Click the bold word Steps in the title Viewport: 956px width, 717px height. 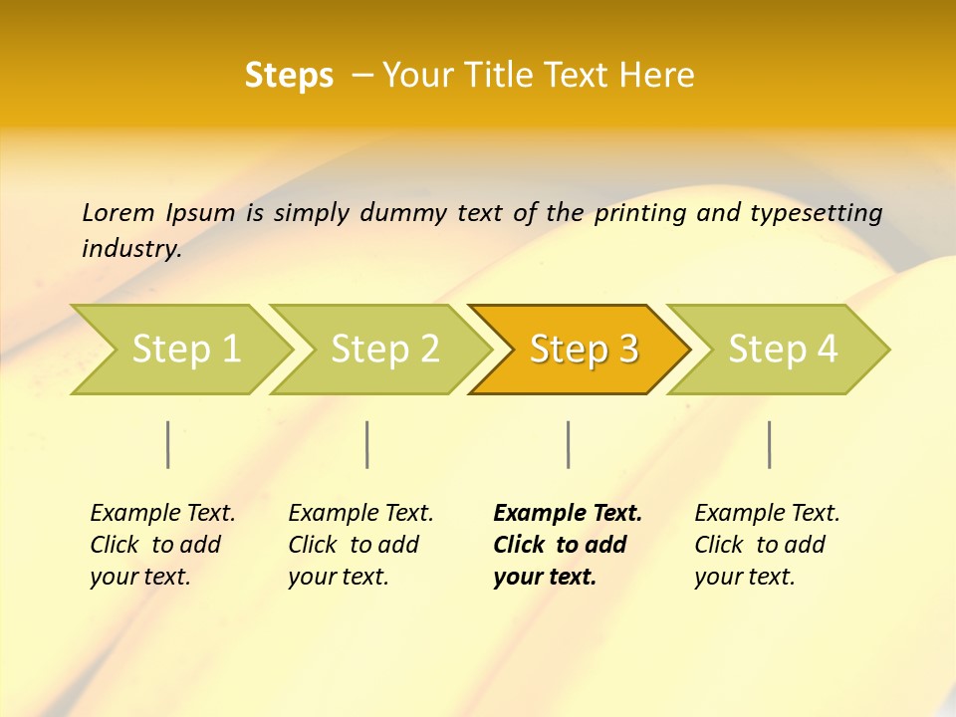coord(289,76)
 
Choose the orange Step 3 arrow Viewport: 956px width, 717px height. coord(584,349)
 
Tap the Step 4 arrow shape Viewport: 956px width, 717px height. coord(783,349)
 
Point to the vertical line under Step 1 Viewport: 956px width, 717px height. coord(168,444)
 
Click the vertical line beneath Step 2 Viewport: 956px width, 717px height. coord(367,444)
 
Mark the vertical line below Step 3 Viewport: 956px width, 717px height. coord(568,444)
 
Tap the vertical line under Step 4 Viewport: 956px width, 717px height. coord(769,444)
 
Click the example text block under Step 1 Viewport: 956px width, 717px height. coord(162,545)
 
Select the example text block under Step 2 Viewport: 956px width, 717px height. coord(360,545)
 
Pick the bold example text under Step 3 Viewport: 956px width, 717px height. coord(568,545)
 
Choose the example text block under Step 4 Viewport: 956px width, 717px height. coord(767,545)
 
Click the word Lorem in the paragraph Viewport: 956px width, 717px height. coord(119,213)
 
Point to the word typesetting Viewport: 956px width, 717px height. coord(816,213)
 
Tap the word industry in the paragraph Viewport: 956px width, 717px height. coord(131,249)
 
